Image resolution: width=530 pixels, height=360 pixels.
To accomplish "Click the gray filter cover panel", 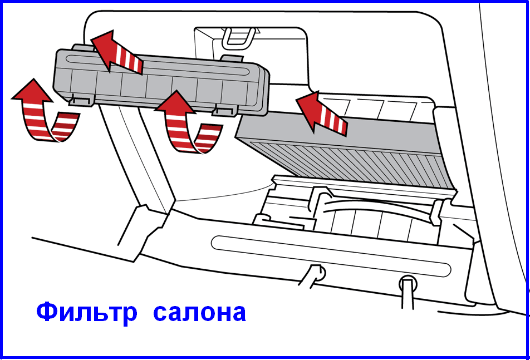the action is (161, 81).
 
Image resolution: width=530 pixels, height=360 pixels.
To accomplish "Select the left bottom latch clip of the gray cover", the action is (82, 100).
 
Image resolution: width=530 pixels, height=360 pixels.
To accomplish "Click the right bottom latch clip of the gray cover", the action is (225, 110).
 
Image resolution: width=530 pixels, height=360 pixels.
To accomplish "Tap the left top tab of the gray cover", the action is (83, 47).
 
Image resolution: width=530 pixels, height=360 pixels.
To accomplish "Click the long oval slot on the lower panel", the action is (331, 255).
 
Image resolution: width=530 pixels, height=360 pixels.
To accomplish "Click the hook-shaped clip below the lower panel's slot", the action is (313, 275).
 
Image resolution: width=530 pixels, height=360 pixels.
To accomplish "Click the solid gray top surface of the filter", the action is (338, 130).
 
